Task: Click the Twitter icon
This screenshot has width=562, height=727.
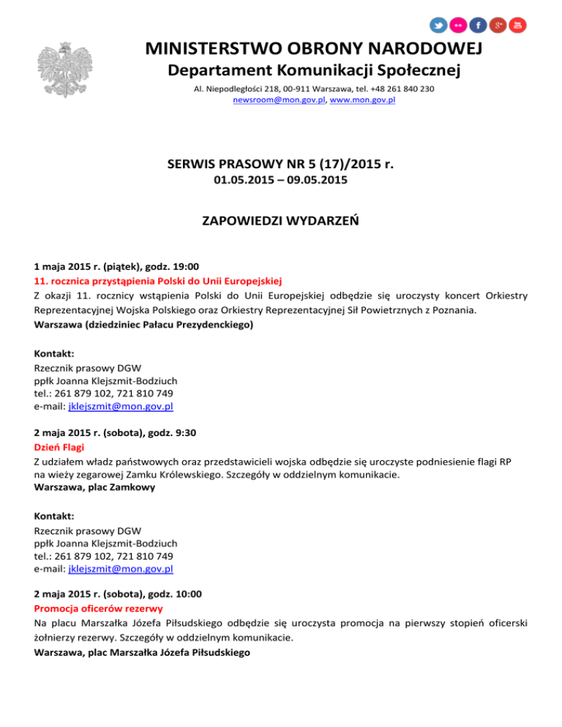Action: coord(438,25)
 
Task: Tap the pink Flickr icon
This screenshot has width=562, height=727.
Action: coord(458,25)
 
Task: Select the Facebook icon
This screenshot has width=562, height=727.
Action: coord(478,25)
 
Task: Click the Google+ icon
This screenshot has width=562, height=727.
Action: coord(498,25)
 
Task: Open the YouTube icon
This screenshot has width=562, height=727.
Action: coord(517,25)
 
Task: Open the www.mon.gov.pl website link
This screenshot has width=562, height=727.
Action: coord(362,99)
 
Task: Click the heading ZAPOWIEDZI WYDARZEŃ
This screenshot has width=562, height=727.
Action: coord(280,219)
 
